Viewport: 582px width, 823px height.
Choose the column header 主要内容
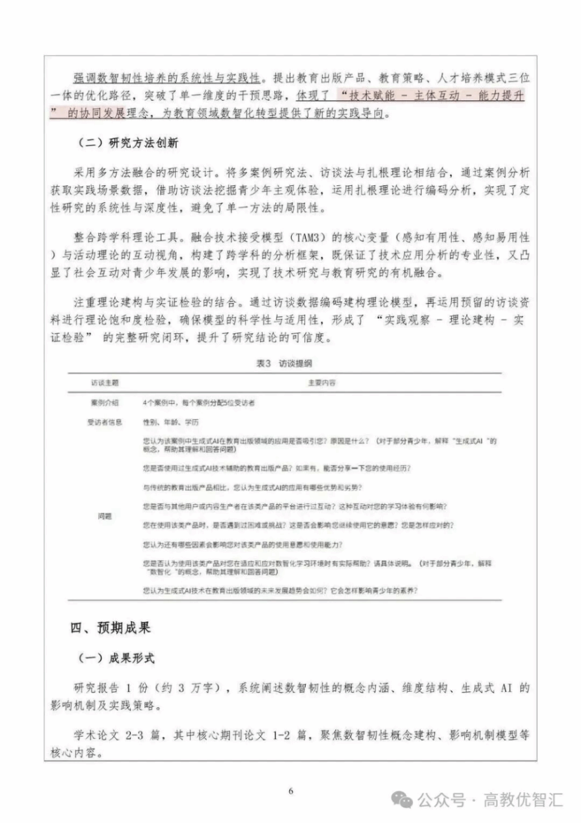click(322, 383)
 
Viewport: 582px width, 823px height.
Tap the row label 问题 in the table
click(104, 515)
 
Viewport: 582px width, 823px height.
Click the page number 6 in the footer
click(290, 791)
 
